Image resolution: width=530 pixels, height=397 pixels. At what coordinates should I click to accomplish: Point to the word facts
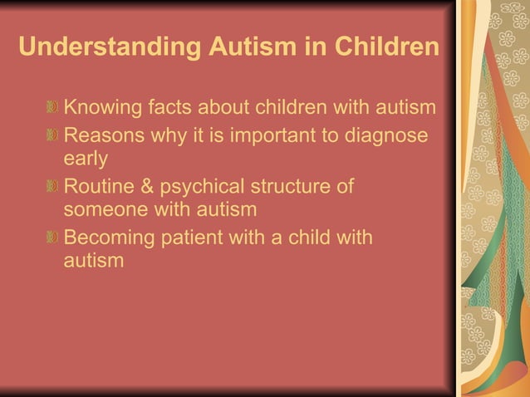pos(171,108)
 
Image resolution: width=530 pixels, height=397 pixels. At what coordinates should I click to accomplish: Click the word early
pos(86,158)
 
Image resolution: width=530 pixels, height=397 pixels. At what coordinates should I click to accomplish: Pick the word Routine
pos(99,186)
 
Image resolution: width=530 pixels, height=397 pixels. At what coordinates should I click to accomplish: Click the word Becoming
pos(109,238)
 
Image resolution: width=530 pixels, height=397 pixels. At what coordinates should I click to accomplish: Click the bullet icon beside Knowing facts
pos(53,108)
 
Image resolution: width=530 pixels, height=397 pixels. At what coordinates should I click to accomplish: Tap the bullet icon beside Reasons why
pos(53,135)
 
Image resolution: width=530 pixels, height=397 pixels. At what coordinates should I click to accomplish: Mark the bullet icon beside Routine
pos(53,186)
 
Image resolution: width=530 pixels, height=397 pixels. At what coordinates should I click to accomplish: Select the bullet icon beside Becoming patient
pos(53,238)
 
